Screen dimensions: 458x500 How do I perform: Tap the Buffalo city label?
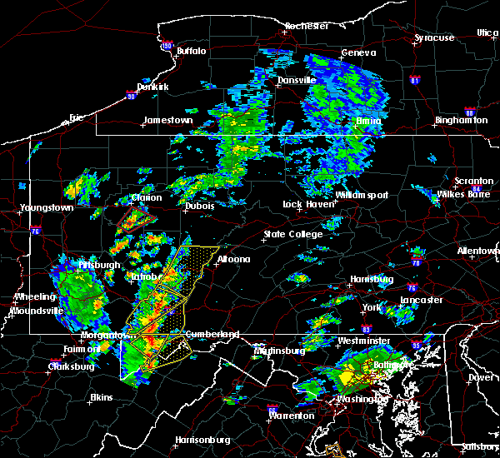click(x=191, y=51)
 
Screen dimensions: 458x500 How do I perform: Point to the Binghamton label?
click(x=461, y=121)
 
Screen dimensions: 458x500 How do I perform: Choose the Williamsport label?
click(x=362, y=195)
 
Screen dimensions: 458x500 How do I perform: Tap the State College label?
click(x=293, y=235)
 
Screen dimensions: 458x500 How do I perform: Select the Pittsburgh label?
click(x=99, y=265)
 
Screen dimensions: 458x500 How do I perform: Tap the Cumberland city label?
click(x=212, y=334)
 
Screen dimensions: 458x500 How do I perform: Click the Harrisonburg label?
click(x=203, y=440)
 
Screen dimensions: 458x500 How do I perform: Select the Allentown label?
click(x=478, y=251)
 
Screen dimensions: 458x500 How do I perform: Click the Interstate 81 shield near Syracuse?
click(x=415, y=80)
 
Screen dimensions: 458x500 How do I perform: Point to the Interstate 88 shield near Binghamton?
click(x=469, y=113)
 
